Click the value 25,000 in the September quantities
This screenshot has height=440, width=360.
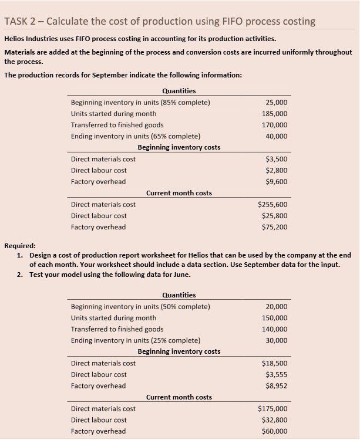[x=277, y=103]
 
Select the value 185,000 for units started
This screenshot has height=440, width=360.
[x=275, y=114]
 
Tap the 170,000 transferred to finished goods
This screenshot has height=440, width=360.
[x=275, y=125]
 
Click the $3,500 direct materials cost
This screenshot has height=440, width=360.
[x=277, y=159]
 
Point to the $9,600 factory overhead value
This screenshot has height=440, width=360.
[x=277, y=181]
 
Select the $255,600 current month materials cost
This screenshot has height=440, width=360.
[x=273, y=204]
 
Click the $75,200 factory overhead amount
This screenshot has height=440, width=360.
[x=275, y=226]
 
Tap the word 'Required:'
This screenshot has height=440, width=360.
[x=20, y=246]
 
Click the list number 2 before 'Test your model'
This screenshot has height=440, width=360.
[x=20, y=275]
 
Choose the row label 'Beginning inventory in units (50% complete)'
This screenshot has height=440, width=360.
[x=140, y=307]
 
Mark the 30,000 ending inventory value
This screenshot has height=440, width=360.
[x=277, y=340]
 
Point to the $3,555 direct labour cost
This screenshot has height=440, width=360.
[x=277, y=374]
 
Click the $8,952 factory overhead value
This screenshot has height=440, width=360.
[x=277, y=385]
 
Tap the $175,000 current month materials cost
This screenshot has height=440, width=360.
[x=273, y=408]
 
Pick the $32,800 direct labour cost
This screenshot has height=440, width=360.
[x=275, y=419]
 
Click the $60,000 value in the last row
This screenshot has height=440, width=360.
[x=275, y=431]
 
